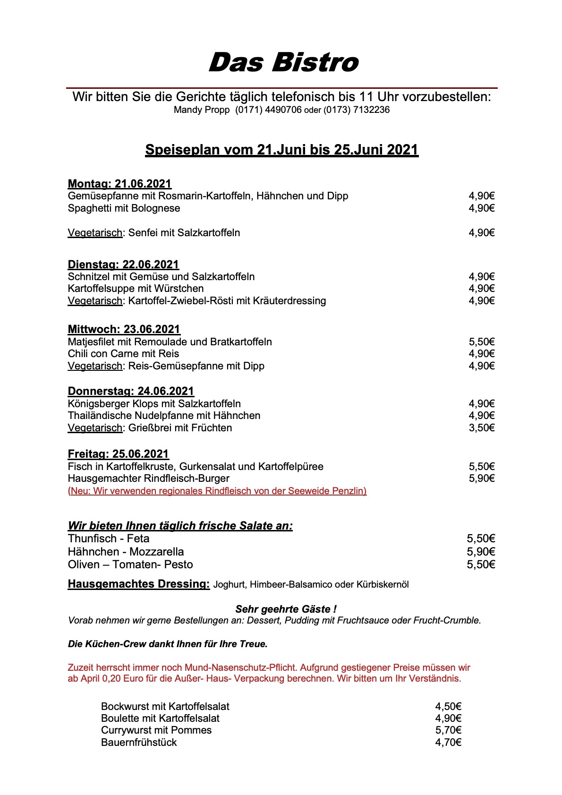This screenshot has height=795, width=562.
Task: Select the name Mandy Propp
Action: pyautogui.click(x=201, y=110)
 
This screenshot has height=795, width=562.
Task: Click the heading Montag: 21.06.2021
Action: pyautogui.click(x=119, y=184)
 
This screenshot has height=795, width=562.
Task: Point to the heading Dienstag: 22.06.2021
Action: pyautogui.click(x=123, y=265)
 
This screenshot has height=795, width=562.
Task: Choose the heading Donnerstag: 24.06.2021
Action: pyautogui.click(x=131, y=391)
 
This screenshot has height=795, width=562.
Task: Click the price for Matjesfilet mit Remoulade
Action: pyautogui.click(x=481, y=342)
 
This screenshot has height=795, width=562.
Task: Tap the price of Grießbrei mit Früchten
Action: pyautogui.click(x=481, y=428)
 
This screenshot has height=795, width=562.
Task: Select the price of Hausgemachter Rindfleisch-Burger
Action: pyautogui.click(x=481, y=479)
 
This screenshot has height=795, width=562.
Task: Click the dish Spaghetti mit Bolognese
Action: pyautogui.click(x=124, y=208)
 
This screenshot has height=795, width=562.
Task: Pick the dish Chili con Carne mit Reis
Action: pyautogui.click(x=123, y=354)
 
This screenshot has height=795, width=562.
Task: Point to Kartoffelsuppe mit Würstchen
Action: pyautogui.click(x=136, y=289)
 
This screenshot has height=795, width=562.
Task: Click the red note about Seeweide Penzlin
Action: pyautogui.click(x=217, y=491)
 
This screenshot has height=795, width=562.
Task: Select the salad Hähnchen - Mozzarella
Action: pyautogui.click(x=126, y=552)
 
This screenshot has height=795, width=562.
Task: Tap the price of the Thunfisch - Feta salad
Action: pyautogui.click(x=481, y=539)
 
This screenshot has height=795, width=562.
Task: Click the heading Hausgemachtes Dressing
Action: pyautogui.click(x=138, y=584)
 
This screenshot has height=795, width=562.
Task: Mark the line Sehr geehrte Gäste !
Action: pyautogui.click(x=286, y=609)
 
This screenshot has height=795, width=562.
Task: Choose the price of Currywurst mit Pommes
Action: pyautogui.click(x=448, y=730)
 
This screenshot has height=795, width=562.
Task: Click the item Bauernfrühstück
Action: pyautogui.click(x=139, y=743)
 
